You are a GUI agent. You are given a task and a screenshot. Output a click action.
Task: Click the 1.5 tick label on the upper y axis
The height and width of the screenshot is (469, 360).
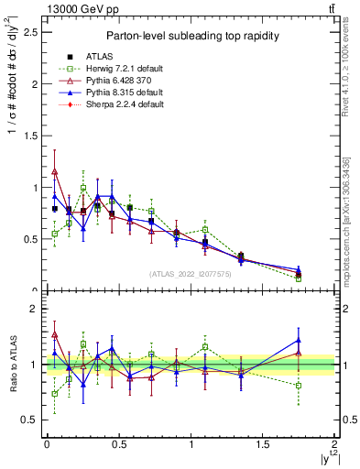[x=30, y=136]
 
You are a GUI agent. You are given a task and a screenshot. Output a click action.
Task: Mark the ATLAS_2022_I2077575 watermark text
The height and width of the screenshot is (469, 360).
[x=191, y=273]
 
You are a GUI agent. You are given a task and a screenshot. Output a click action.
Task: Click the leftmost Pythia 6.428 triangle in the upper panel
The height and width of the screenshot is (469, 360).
[x=54, y=171]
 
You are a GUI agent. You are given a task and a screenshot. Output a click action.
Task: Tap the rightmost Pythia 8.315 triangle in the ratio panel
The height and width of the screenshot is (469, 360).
[x=299, y=340]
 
